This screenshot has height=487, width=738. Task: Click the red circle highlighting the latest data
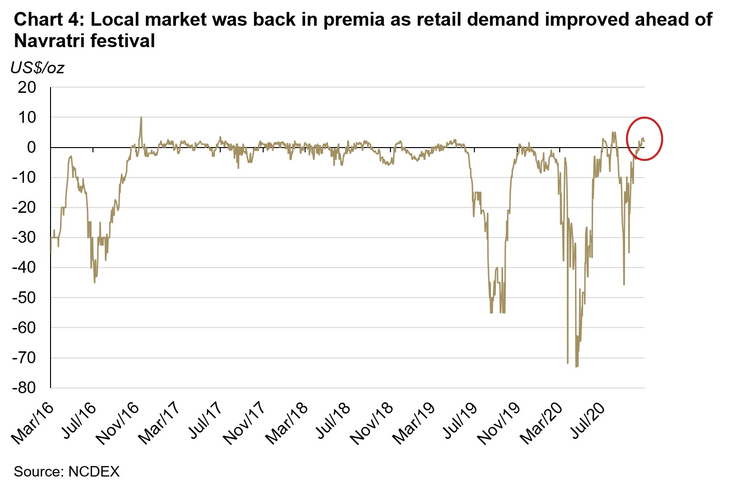click(644, 139)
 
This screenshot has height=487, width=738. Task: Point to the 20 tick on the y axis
click(26, 88)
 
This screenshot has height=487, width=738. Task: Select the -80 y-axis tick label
click(24, 388)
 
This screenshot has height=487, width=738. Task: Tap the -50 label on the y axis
click(24, 298)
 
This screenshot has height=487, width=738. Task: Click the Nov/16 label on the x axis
click(117, 423)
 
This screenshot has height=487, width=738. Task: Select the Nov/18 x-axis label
click(372, 423)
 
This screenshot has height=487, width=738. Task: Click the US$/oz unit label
click(37, 68)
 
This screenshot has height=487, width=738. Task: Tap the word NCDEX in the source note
click(94, 472)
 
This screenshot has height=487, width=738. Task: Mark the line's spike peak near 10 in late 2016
click(141, 118)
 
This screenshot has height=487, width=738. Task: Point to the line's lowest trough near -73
click(577, 366)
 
